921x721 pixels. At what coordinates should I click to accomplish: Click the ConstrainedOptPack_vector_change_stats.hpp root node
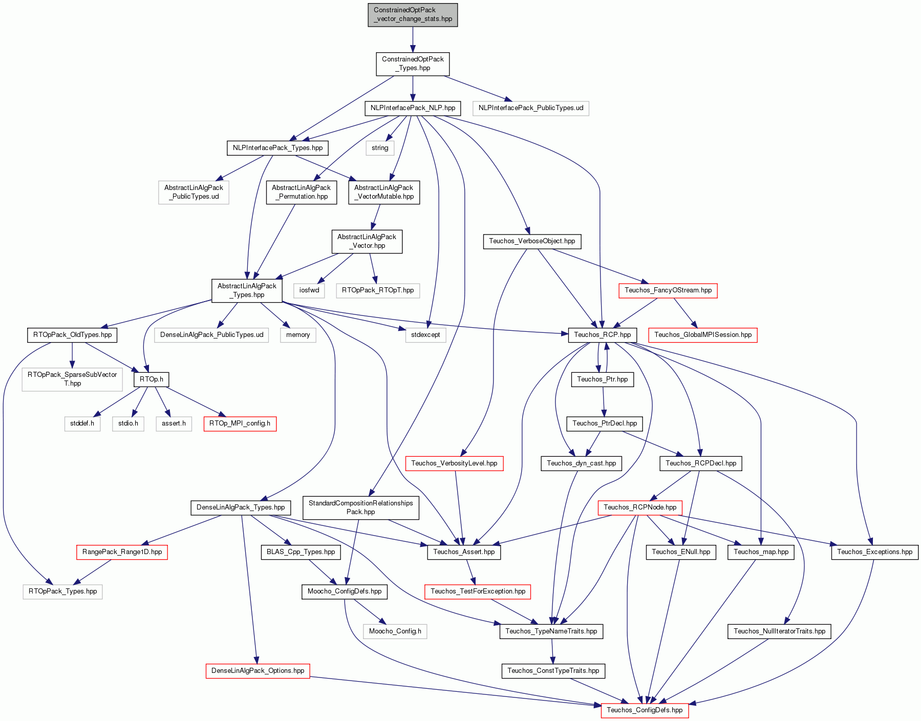tap(413, 15)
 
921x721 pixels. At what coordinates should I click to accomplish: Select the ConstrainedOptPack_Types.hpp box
tap(413, 64)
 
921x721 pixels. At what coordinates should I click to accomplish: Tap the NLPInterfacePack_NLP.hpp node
tap(413, 108)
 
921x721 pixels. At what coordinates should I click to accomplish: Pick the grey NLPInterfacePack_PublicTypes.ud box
tap(531, 108)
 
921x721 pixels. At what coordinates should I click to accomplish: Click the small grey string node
tap(380, 148)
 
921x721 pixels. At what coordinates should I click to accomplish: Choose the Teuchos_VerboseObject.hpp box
tap(532, 241)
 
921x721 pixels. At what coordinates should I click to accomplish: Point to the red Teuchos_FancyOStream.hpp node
tap(668, 290)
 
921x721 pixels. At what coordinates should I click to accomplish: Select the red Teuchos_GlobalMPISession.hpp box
tap(703, 335)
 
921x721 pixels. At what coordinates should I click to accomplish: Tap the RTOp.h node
tap(152, 379)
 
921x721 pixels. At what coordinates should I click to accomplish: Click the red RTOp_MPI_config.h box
tap(240, 423)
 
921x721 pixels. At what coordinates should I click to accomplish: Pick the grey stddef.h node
tap(82, 423)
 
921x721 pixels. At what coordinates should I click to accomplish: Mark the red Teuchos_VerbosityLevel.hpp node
tap(455, 463)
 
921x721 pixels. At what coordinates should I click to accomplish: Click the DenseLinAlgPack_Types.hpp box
tap(241, 507)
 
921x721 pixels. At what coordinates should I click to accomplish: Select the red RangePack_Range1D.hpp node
tap(122, 552)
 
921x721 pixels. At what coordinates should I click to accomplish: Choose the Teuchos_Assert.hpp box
tap(464, 552)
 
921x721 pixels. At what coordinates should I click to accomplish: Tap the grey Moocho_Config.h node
tap(395, 631)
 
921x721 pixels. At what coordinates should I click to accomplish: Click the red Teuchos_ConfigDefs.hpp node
tap(645, 710)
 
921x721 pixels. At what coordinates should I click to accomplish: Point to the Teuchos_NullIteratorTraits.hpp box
tap(780, 631)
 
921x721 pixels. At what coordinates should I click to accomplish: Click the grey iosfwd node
tap(309, 290)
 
